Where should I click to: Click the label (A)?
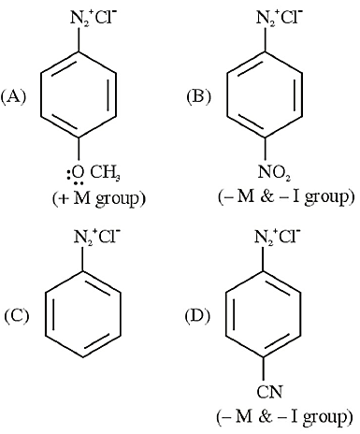click(13, 96)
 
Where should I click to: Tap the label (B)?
click(198, 96)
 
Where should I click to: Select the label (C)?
click(17, 315)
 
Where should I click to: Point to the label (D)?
click(197, 315)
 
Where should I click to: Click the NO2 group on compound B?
click(274, 172)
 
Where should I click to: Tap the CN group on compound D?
click(269, 392)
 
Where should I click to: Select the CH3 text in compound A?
click(105, 172)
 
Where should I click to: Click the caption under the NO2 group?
click(286, 197)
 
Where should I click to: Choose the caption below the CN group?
click(285, 417)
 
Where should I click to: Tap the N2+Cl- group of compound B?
click(279, 18)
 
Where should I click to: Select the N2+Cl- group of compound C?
click(96, 238)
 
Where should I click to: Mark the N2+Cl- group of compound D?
click(277, 237)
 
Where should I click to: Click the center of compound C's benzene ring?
click(83, 315)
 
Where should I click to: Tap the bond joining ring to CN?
click(264, 370)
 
